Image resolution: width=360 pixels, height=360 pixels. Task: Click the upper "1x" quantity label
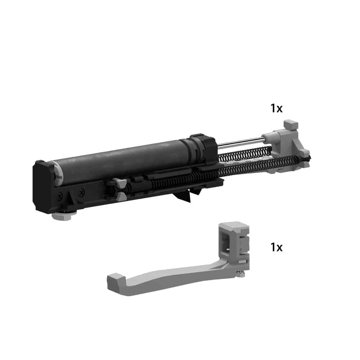[x=276, y=108]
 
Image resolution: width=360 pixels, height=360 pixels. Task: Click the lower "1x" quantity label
[x=276, y=247]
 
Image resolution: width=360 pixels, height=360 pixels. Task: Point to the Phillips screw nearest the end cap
[x=60, y=196]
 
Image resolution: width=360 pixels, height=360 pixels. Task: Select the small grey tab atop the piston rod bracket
[x=291, y=125]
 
